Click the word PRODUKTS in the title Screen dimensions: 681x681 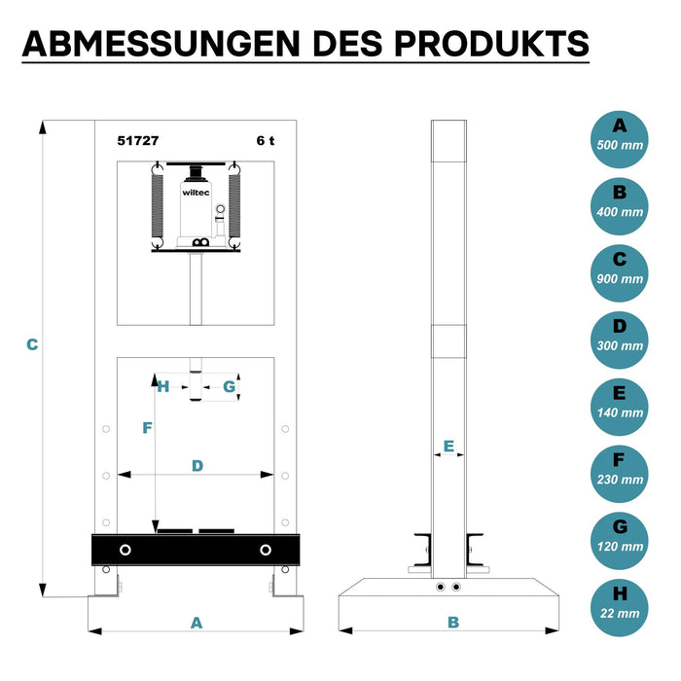point(491,44)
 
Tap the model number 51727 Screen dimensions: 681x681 point(138,141)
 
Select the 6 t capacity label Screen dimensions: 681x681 point(266,141)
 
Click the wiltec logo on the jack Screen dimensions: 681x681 point(196,193)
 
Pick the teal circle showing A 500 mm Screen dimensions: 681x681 point(620,139)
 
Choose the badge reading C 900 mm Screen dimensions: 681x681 point(620,273)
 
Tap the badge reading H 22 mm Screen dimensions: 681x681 point(620,608)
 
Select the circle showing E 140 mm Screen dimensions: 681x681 point(620,407)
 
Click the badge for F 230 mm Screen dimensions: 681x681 point(620,474)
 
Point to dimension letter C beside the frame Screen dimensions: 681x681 point(32,344)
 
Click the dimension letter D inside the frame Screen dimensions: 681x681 point(197,466)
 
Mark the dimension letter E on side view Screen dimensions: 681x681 point(448,446)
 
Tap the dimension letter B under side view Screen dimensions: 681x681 point(453,623)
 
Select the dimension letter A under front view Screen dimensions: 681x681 point(197,623)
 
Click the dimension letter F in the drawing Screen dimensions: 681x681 point(147,428)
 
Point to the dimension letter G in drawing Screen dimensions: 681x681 point(229,386)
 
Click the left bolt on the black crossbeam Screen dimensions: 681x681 point(125,550)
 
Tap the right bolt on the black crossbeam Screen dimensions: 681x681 point(266,550)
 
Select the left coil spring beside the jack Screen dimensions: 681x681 point(158,205)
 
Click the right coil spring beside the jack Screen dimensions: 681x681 point(234,205)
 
